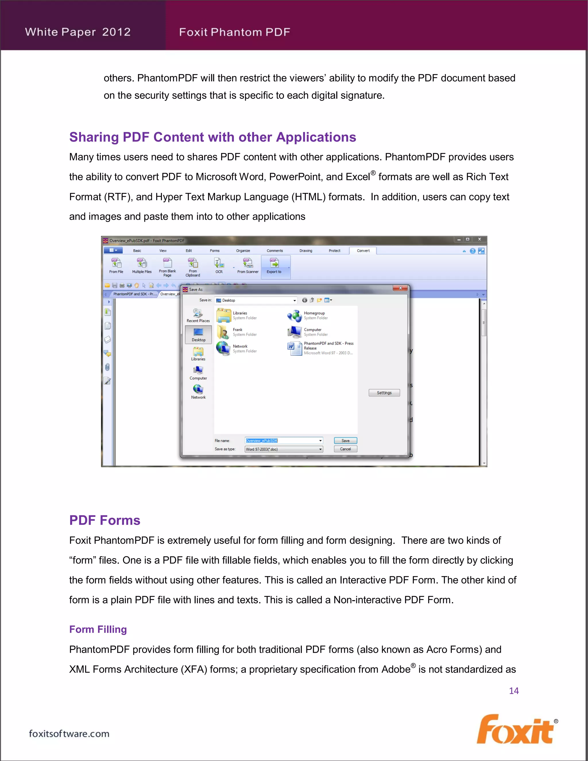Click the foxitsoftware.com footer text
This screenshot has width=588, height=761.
point(69,733)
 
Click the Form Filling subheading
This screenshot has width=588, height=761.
point(98,629)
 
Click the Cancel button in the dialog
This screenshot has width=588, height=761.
point(345,449)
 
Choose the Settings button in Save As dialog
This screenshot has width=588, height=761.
point(384,393)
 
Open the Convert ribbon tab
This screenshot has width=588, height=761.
point(363,250)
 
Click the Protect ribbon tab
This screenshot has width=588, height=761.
point(334,250)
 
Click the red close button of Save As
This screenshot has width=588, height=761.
point(400,288)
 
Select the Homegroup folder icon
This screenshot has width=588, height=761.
point(295,316)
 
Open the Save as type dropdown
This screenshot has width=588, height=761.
point(320,449)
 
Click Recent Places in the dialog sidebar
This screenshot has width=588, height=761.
point(198,315)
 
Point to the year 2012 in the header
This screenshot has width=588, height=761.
point(116,32)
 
